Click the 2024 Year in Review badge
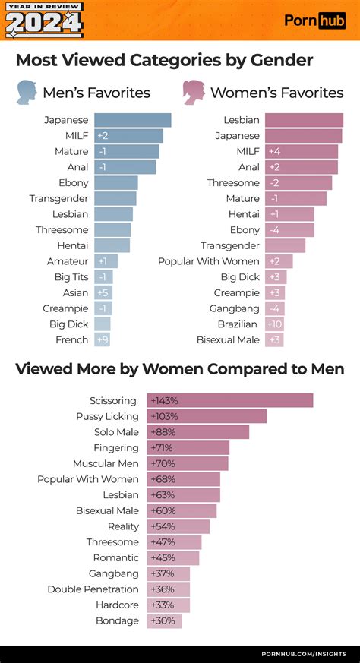point(44,21)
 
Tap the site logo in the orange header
point(314,21)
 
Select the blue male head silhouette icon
point(28,92)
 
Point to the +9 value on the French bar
point(103,340)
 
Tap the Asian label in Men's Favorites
point(75,293)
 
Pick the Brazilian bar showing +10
point(274,324)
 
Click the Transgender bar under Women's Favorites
point(285,245)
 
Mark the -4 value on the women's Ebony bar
point(274,230)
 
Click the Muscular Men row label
point(106,463)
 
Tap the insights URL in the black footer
point(304,653)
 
